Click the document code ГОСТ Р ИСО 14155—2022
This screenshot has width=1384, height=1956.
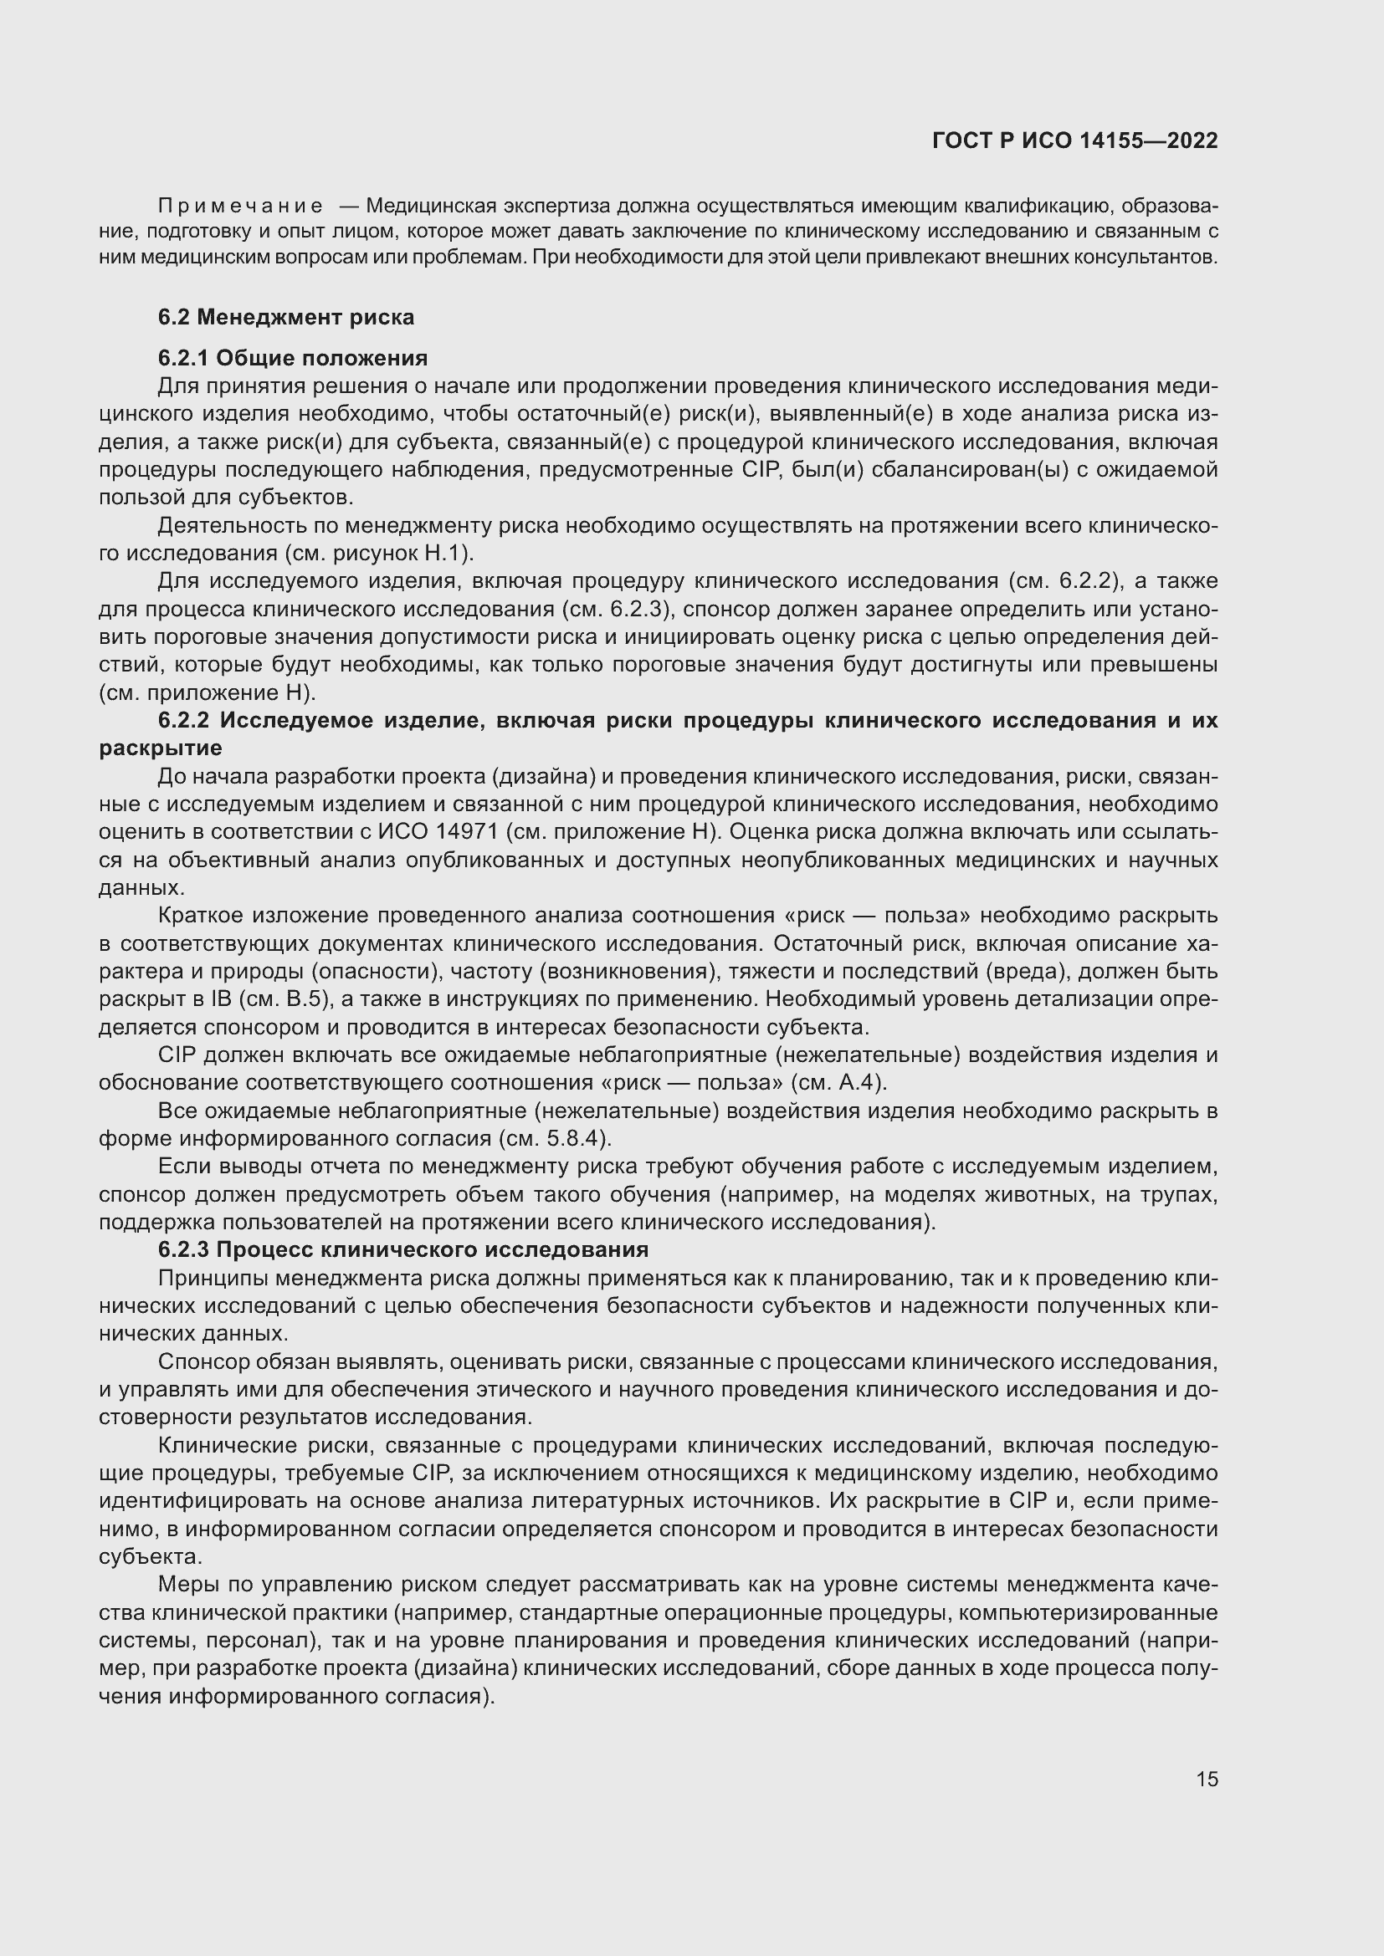point(1074,140)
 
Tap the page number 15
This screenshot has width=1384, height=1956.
point(1207,1780)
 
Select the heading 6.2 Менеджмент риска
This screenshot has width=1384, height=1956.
point(285,317)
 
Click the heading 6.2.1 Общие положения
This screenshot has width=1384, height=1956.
point(292,358)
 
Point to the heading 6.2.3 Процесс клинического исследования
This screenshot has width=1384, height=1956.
point(402,1249)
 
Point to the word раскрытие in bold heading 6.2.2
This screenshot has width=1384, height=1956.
point(160,748)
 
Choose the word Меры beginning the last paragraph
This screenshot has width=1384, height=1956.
point(185,1586)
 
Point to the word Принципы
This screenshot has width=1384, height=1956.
point(211,1278)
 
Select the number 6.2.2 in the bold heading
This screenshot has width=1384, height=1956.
point(183,721)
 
